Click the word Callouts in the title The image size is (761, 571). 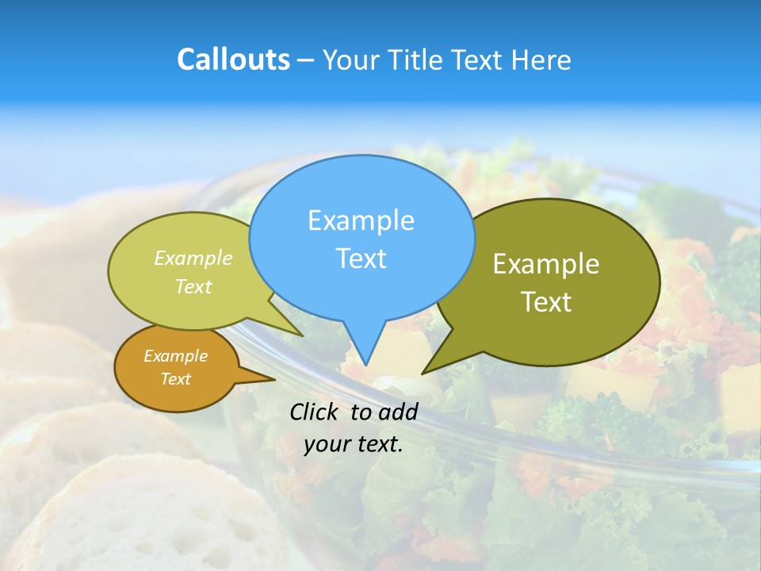[x=233, y=59]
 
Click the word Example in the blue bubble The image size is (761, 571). [x=361, y=220]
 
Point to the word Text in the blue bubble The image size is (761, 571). [x=361, y=259]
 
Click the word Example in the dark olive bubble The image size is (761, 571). [x=546, y=264]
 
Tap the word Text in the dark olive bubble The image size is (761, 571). [x=546, y=302]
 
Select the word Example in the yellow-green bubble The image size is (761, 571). [x=193, y=259]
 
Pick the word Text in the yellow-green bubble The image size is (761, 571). [x=193, y=286]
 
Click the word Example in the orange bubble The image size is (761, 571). [x=175, y=356]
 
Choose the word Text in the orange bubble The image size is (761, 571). [x=175, y=379]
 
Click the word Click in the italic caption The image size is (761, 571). [x=315, y=412]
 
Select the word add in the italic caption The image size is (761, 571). [x=398, y=412]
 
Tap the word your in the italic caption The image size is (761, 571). [x=325, y=443]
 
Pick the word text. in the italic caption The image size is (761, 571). [x=377, y=443]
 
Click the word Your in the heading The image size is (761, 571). [x=351, y=59]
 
